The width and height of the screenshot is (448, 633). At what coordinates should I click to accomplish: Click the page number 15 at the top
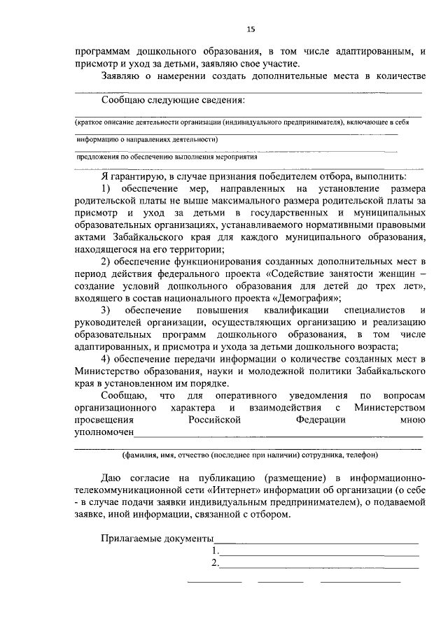pyautogui.click(x=251, y=28)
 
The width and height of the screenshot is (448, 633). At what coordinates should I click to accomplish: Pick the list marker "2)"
pyautogui.click(x=107, y=261)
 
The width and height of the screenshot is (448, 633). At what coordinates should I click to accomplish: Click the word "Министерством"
pyautogui.click(x=389, y=408)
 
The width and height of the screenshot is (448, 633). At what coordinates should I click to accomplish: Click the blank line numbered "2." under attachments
pyautogui.click(x=319, y=563)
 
